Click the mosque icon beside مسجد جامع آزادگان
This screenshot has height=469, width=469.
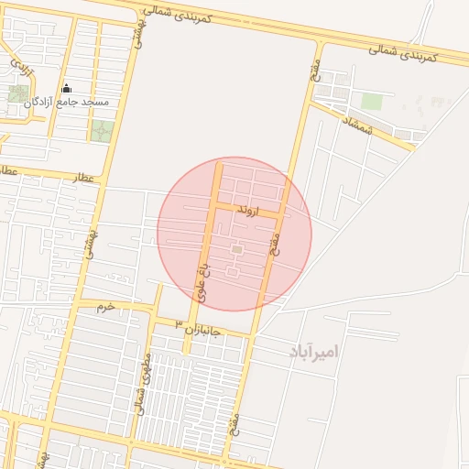coord(66,89)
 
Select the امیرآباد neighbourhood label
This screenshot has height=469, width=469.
coord(312,352)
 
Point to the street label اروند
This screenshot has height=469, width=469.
coord(249,211)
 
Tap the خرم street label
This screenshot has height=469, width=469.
coord(107,307)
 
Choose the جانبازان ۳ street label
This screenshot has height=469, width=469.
coord(199,326)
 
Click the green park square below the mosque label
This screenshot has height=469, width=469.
coord(103,130)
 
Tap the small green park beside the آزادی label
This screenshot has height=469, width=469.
coord(17,93)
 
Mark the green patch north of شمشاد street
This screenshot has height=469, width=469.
coord(372,102)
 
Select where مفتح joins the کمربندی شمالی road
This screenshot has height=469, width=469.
coord(320,41)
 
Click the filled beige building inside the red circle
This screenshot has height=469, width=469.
coord(236,249)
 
